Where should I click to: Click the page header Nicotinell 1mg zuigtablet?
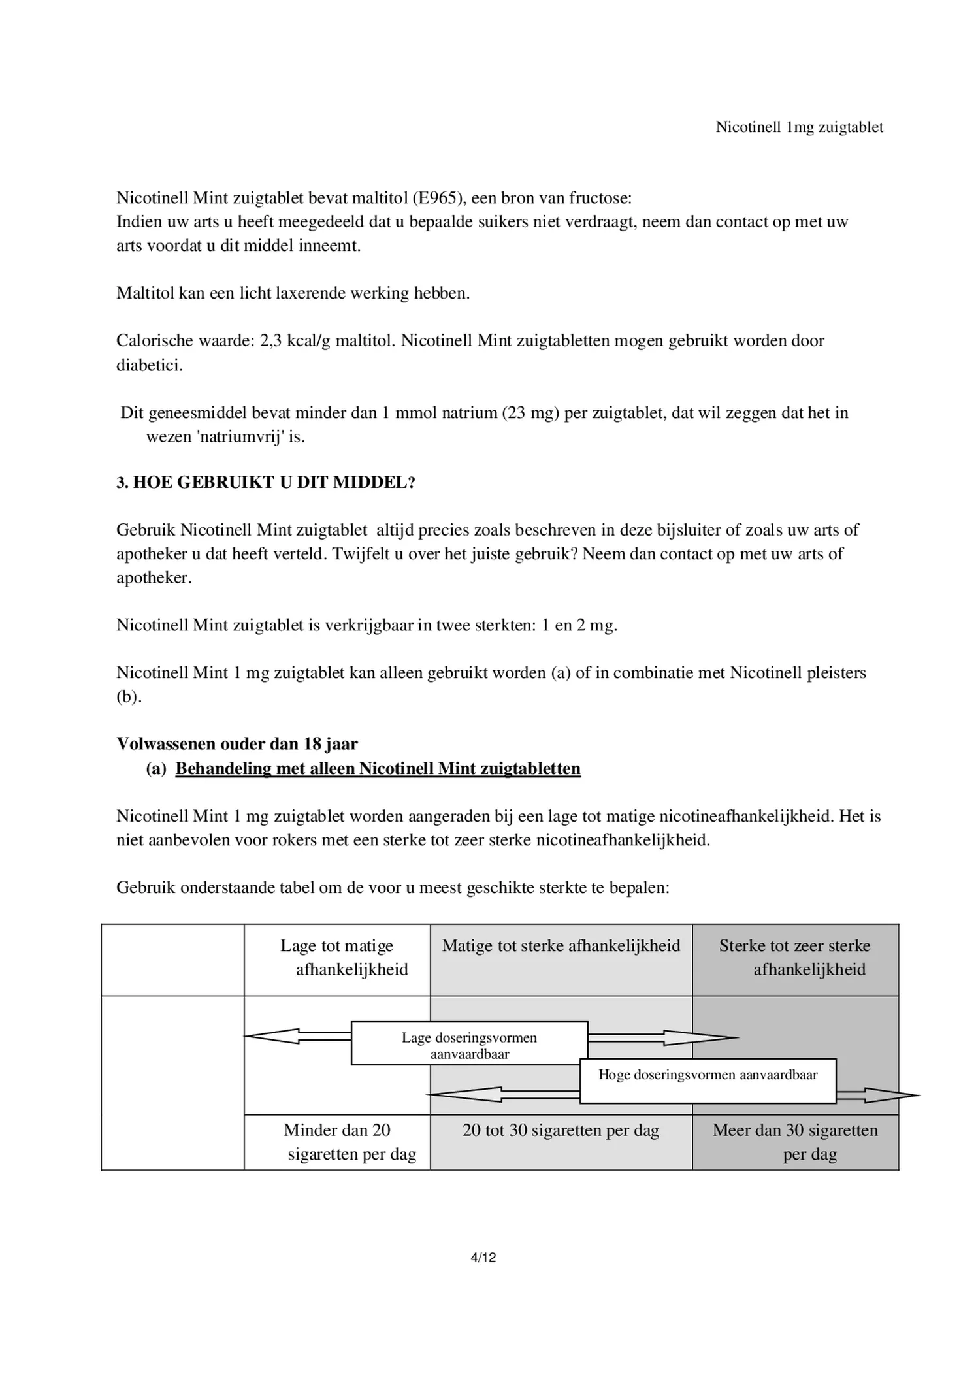pos(799,127)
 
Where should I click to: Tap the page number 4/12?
pos(483,1257)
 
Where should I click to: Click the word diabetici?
pos(150,365)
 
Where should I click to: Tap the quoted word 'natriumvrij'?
pos(240,436)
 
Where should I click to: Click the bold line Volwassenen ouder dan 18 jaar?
pos(237,743)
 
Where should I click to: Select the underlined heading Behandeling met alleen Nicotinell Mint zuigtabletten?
pos(378,768)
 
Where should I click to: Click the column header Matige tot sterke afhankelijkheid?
pos(561,945)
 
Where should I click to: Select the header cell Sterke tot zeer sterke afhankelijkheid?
pos(794,957)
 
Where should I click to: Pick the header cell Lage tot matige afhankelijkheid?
pos(337,957)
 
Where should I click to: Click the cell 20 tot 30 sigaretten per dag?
pos(561,1129)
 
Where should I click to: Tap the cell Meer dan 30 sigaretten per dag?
pos(794,1141)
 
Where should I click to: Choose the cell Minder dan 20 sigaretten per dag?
pos(337,1141)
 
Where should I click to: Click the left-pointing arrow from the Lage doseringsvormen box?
pos(294,1036)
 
